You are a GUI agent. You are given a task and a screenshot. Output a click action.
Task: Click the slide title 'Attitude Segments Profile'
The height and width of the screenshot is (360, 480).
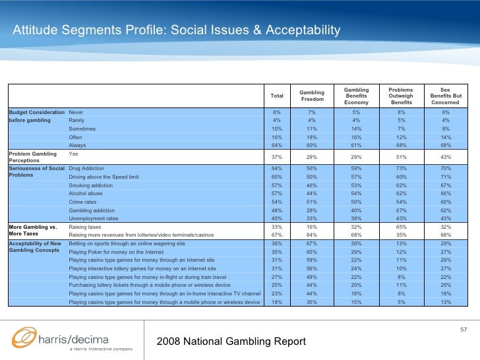(177, 30)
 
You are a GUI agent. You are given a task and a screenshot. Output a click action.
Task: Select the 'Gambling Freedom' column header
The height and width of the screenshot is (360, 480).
(312, 96)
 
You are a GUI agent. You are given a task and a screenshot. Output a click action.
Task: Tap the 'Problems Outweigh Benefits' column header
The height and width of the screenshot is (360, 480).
(401, 96)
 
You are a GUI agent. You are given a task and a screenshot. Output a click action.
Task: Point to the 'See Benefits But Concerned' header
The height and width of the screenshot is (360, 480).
(445, 96)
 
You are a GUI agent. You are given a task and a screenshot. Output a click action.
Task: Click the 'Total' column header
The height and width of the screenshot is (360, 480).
(277, 96)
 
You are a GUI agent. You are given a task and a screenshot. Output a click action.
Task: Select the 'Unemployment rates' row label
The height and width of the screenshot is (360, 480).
(93, 218)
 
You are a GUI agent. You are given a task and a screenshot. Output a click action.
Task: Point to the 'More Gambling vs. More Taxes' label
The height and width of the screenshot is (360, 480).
(34, 231)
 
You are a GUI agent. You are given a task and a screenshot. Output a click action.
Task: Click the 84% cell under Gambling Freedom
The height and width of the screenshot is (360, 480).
(312, 235)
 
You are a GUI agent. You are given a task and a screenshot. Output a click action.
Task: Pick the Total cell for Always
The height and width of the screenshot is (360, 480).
(277, 145)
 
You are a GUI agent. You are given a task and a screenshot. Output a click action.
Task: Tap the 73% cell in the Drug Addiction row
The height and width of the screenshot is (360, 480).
(401, 169)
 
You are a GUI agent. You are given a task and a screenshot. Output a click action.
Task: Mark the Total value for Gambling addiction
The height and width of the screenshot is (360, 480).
(277, 210)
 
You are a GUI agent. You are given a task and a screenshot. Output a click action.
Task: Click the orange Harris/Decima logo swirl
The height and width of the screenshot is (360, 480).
(25, 338)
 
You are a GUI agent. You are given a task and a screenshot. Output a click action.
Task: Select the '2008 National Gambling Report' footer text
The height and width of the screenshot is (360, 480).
(231, 341)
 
